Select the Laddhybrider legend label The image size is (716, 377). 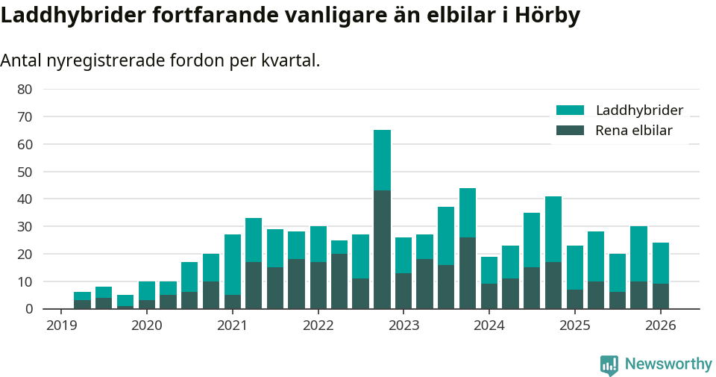coord(639,110)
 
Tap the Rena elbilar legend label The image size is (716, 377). coord(634,131)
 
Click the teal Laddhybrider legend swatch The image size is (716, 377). coord(570,110)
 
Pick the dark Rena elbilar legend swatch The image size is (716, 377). coord(570,131)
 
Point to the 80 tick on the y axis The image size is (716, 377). coord(25,89)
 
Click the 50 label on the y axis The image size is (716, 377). coord(25,172)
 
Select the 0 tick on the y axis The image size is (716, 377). coord(28,309)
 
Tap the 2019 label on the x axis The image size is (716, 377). coord(61,325)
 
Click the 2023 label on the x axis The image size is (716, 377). coord(403,325)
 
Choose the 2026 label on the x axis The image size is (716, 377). coord(661,325)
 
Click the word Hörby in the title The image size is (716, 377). coord(547,16)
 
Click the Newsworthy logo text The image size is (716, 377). coord(668,364)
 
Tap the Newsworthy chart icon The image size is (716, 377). coord(609,364)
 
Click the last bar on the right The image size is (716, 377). coord(661,275)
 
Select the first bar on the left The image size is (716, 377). coord(82,300)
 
